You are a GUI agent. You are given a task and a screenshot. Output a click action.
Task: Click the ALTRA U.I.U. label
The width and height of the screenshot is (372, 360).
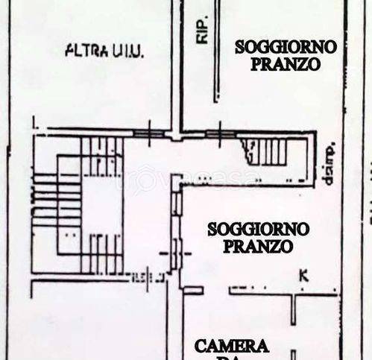click(104, 51)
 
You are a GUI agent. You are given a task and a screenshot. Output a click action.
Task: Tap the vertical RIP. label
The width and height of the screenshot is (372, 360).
click(202, 30)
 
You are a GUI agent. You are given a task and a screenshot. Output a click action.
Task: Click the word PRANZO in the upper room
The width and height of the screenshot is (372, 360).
click(286, 64)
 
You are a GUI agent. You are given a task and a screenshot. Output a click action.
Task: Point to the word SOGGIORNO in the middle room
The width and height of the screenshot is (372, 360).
click(250, 230)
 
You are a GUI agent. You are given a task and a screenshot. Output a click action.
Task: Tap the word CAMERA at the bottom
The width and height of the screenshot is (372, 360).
click(231, 346)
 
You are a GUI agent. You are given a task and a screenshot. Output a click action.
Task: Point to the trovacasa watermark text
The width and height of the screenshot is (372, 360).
click(186, 179)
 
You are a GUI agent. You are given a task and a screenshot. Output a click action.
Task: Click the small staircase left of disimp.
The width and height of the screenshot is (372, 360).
click(269, 152)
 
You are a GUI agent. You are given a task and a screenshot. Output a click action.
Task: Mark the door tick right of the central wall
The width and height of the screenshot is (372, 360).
click(221, 135)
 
